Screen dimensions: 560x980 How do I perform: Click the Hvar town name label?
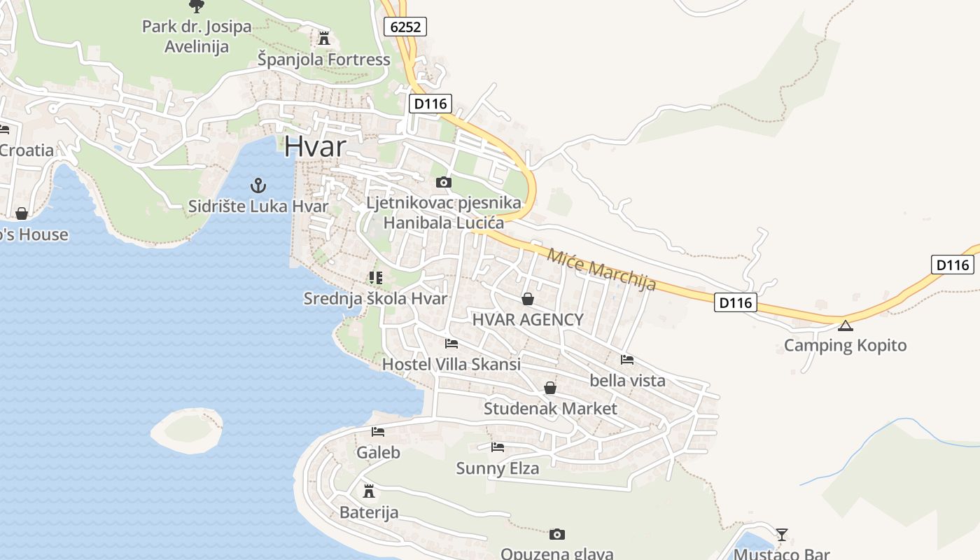(315, 147)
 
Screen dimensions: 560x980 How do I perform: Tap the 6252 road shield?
(405, 27)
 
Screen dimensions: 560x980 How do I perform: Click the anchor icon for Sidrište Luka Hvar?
(259, 185)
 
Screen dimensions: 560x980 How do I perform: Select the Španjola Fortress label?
(323, 59)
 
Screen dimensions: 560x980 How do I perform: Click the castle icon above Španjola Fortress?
(323, 37)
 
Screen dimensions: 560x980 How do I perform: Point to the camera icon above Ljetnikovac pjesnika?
(443, 182)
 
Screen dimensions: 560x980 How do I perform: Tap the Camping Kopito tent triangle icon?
(846, 325)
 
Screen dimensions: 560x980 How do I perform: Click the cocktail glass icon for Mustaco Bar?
(782, 535)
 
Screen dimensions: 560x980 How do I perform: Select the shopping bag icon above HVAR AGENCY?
(528, 299)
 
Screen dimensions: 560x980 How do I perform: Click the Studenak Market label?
(550, 408)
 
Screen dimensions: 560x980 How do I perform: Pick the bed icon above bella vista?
(627, 359)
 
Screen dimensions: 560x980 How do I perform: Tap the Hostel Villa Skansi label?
(451, 364)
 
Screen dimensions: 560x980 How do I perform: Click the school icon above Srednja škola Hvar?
(376, 277)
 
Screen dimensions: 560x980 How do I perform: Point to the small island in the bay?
(188, 427)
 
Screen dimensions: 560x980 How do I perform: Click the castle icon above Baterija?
(369, 491)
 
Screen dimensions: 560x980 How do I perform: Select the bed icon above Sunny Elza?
(498, 447)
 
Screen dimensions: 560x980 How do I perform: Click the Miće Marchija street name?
(601, 269)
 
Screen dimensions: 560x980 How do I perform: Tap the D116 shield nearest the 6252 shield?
(430, 104)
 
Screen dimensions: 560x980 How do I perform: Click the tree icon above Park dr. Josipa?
(197, 6)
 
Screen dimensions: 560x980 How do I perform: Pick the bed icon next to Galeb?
(378, 431)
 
